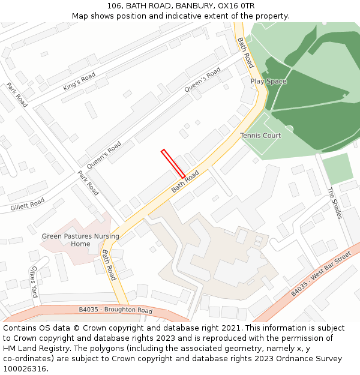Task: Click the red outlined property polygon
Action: click(173, 163)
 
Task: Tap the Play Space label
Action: click(268, 82)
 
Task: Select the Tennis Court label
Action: click(260, 136)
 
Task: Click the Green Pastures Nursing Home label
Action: click(80, 240)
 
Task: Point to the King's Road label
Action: click(79, 82)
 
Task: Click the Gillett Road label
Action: click(27, 205)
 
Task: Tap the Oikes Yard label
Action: click(34, 278)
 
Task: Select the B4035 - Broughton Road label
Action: click(116, 310)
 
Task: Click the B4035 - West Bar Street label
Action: click(320, 274)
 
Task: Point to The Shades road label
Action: click(334, 203)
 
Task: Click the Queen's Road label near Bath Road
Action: click(202, 80)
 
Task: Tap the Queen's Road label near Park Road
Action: click(104, 155)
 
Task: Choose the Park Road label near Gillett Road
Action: click(88, 183)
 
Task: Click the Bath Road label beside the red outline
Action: click(185, 181)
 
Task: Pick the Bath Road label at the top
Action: click(245, 52)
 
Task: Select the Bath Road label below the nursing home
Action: click(108, 265)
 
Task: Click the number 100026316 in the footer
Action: click(25, 368)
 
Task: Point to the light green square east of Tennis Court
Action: click(337, 169)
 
